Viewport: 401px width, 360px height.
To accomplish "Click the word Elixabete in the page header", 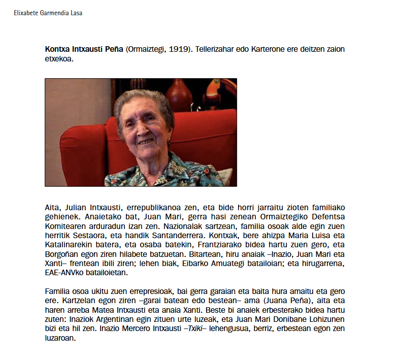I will tap(26, 13).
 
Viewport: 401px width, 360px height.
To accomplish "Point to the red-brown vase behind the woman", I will tap(179, 94).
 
